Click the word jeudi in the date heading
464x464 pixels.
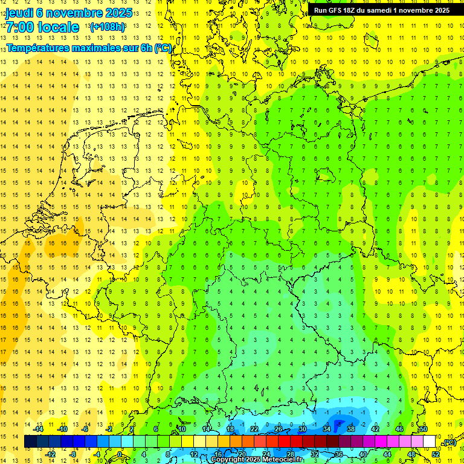[x=19, y=13]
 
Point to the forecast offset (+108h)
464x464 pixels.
[x=107, y=27]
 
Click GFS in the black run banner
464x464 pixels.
[x=335, y=10]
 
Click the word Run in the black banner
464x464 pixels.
[x=320, y=10]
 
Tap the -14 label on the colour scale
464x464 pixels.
[x=39, y=429]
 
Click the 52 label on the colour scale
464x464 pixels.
[x=436, y=454]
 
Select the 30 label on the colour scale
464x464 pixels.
[x=302, y=429]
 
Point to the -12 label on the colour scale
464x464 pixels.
[x=51, y=454]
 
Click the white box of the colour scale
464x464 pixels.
[x=429, y=442]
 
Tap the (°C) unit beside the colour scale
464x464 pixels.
[x=449, y=442]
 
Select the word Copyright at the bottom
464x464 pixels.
[x=228, y=460]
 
